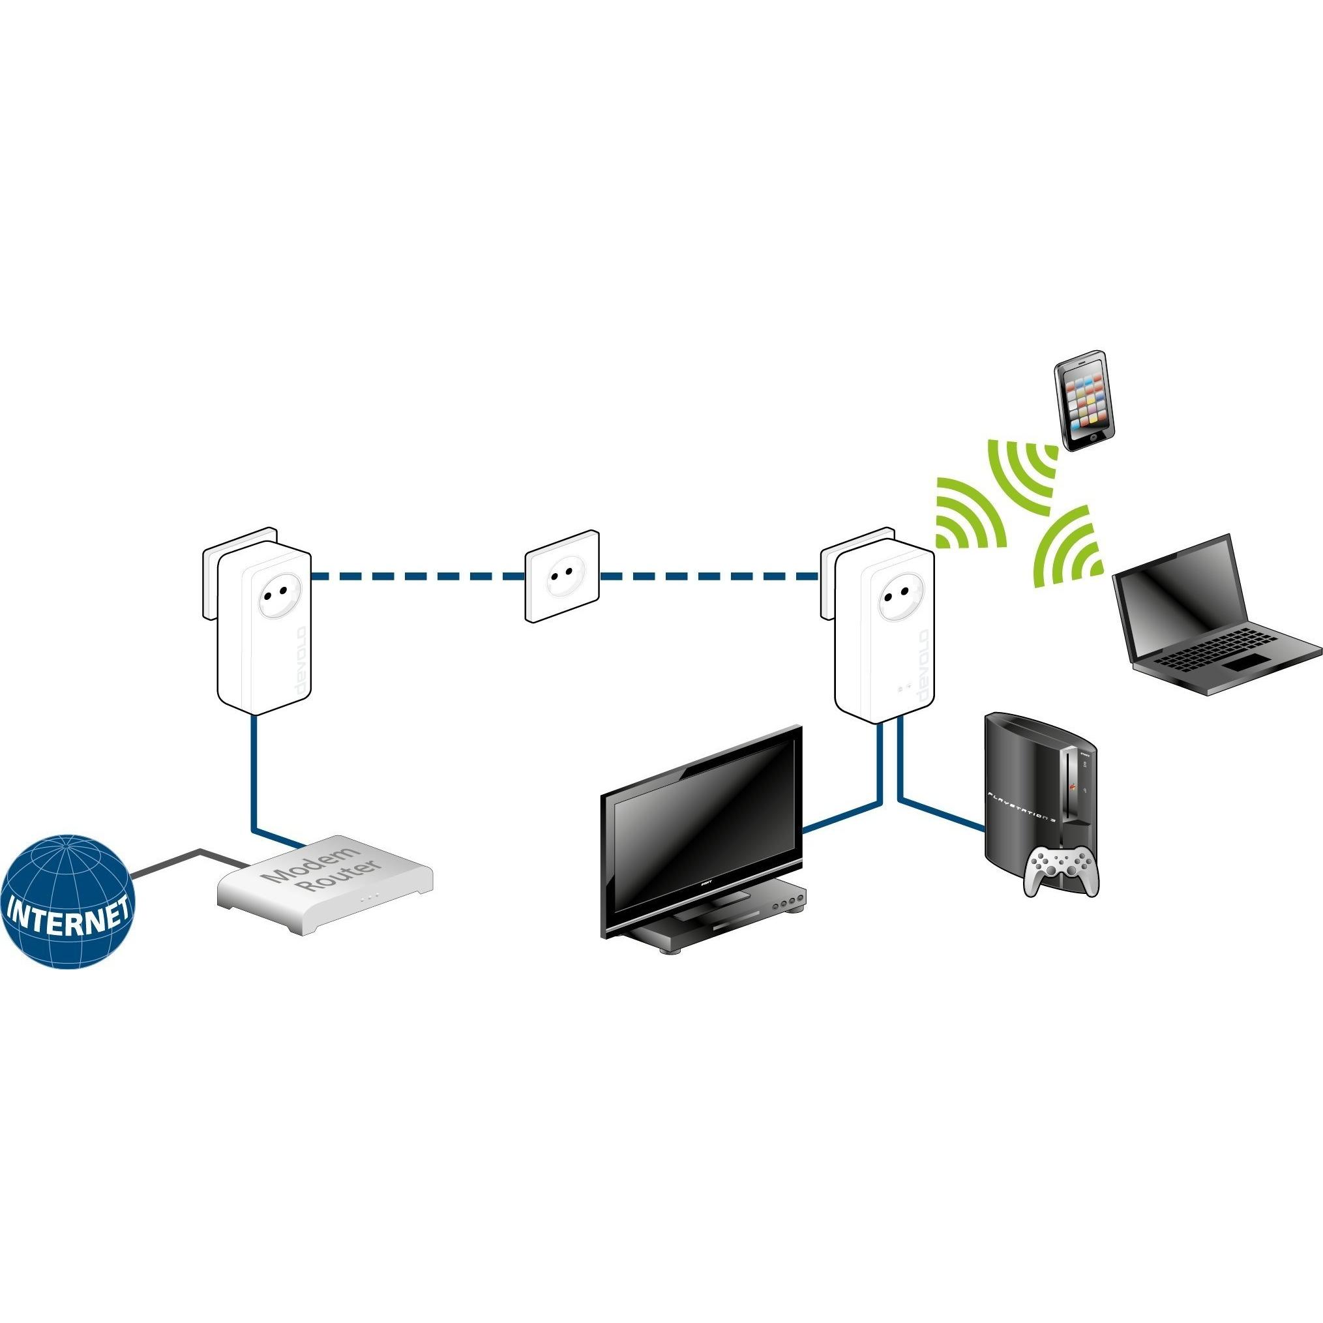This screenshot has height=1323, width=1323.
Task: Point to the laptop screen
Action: (x=1178, y=597)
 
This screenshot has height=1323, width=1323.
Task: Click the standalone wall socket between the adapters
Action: (x=561, y=576)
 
